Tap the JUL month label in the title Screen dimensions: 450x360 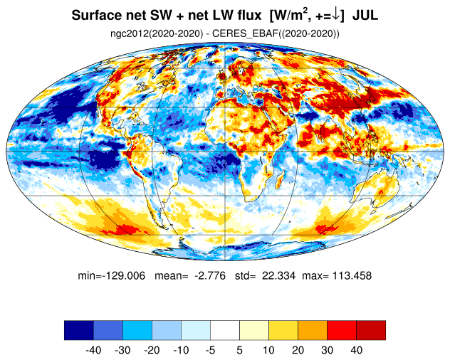point(365,15)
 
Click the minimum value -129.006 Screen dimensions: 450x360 point(124,275)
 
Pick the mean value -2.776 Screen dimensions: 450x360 point(210,275)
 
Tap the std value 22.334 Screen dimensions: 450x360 point(278,275)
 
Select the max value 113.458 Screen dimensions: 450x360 point(352,275)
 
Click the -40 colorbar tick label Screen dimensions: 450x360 point(93,350)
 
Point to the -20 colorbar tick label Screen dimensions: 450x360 point(152,350)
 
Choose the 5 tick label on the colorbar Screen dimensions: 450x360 point(240,350)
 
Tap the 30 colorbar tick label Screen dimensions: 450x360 point(327,350)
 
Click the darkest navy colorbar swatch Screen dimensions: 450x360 point(79,330)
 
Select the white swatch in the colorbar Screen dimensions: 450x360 point(225,330)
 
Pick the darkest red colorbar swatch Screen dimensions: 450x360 point(371,330)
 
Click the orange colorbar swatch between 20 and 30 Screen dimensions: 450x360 point(313,330)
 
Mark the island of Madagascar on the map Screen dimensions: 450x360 point(280,180)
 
